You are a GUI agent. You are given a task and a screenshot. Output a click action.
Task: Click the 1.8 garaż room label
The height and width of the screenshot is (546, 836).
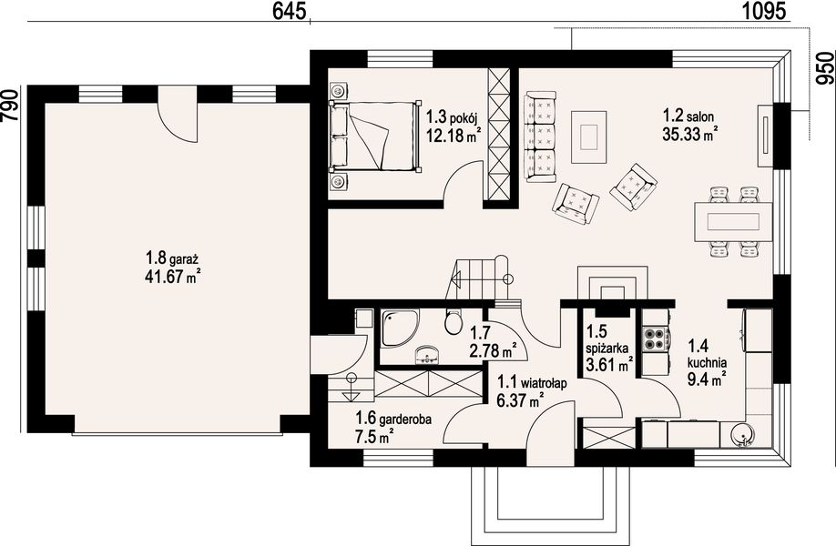coord(172,259)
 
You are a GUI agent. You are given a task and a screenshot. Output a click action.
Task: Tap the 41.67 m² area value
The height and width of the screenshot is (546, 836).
coord(172,277)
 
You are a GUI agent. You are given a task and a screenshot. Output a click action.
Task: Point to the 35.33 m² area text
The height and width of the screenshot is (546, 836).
coord(689,134)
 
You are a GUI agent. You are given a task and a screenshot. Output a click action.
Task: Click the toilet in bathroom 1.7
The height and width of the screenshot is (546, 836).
coord(454,321)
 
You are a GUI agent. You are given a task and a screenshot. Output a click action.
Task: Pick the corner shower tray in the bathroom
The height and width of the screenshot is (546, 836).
coord(400,329)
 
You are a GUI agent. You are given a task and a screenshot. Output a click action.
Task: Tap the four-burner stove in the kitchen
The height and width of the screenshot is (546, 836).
coord(656,339)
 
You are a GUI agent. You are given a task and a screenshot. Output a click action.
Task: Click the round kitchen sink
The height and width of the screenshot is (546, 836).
coord(741,435)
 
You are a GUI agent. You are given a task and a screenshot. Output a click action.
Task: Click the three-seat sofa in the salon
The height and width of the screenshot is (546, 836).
coord(541,136)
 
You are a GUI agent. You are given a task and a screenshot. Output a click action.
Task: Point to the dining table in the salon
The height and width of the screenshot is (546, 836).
coord(733,221)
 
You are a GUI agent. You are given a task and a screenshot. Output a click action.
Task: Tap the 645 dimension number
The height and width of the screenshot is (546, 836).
coord(289,10)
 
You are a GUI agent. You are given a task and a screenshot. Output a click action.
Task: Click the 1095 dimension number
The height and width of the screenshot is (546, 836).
coord(764,10)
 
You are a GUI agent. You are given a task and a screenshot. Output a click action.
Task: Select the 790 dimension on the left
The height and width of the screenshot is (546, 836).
coord(10,105)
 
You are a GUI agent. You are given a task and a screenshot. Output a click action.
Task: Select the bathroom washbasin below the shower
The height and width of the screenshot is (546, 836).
coord(427,354)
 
